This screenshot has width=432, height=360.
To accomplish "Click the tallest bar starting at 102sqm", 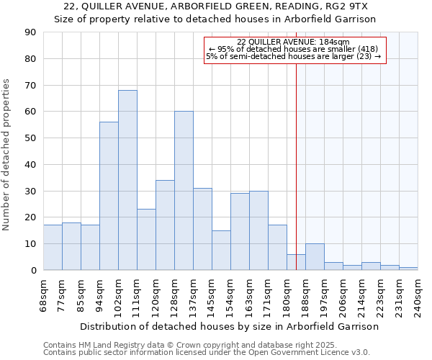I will coord(127,180).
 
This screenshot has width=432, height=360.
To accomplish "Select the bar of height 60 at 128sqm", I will coord(184,191).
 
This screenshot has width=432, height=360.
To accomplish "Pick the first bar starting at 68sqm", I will coord(53,248).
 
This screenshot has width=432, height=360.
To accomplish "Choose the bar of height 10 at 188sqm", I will coord(315,257).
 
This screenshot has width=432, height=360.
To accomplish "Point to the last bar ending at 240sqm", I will coord(408,269).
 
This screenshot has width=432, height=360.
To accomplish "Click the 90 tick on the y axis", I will coord(30,32).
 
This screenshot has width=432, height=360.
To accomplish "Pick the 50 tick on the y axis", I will coord(30,138).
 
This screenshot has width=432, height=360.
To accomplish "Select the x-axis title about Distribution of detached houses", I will coord(229,326).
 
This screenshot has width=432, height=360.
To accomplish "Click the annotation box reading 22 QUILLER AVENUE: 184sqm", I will coord(295,50).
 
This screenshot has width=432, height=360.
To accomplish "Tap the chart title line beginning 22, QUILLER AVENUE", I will coord(216,6).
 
